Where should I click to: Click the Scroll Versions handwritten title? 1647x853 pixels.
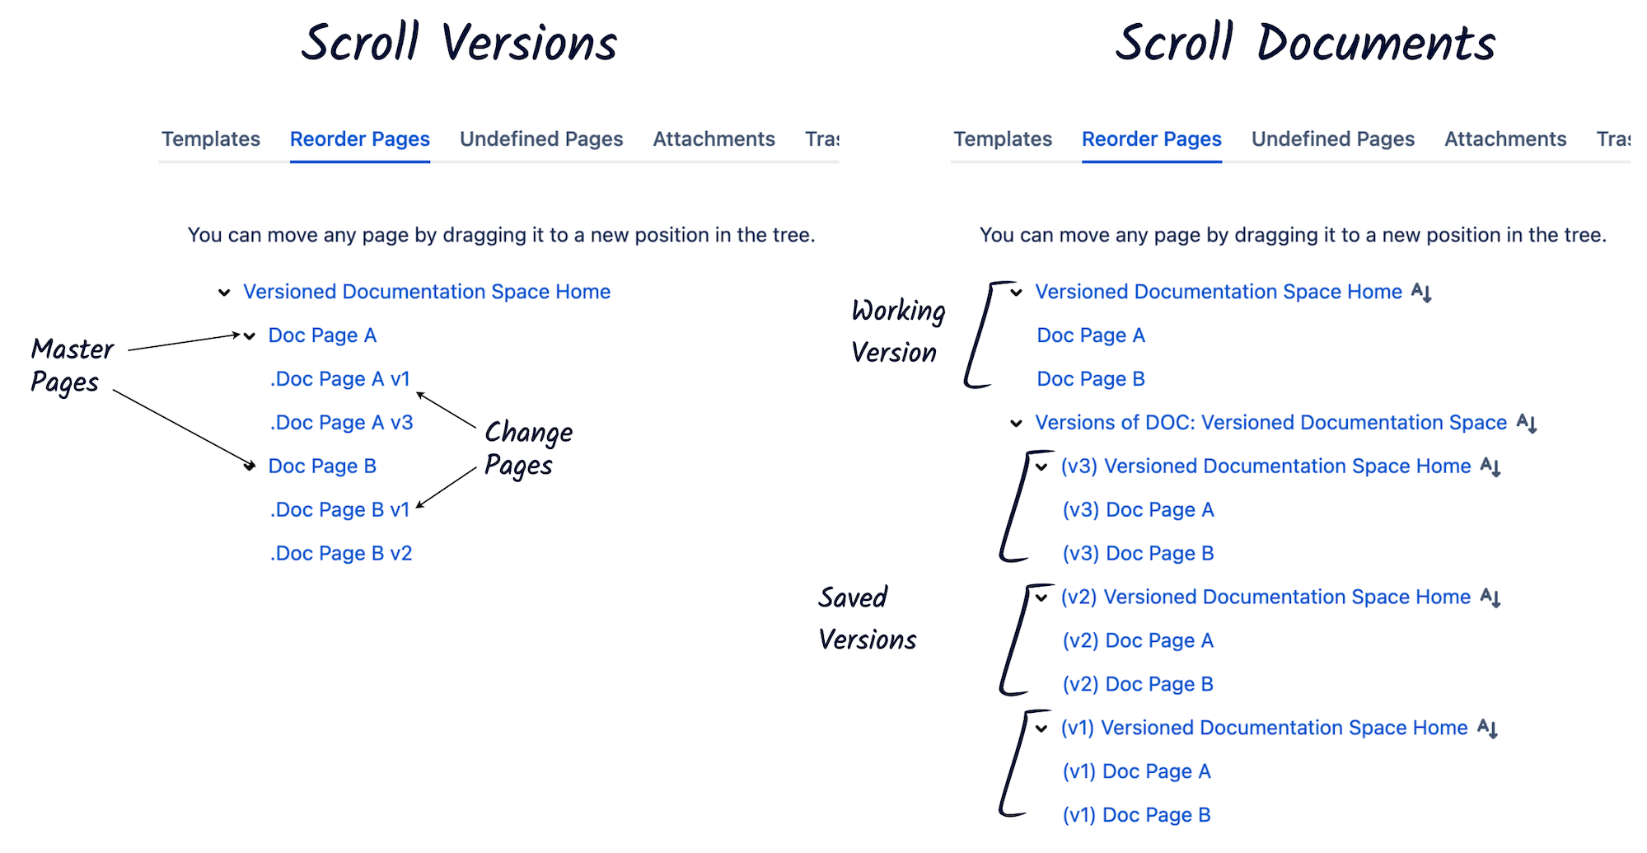[459, 43]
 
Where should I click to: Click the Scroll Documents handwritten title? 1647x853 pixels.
[1305, 43]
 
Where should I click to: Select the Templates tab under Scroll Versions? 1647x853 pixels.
[211, 138]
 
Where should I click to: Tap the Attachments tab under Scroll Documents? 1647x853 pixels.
[1504, 138]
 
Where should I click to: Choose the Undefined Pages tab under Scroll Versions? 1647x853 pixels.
[540, 138]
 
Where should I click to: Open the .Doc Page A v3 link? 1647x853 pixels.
[341, 423]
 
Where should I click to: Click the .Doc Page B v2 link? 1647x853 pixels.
[341, 554]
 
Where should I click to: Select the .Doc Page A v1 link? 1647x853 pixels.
[339, 379]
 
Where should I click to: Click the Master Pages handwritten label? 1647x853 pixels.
[71, 365]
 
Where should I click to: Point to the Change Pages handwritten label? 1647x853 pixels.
[527, 448]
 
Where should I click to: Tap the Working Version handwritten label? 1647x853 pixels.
[897, 331]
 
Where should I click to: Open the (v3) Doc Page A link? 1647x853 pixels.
[1138, 510]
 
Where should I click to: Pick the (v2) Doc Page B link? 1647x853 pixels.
[1137, 685]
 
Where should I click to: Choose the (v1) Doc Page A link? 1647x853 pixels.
[1136, 772]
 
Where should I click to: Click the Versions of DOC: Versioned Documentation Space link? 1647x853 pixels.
[1270, 423]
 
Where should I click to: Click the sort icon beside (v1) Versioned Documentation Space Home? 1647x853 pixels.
[1487, 729]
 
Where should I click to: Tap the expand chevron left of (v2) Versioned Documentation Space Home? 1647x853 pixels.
[1041, 598]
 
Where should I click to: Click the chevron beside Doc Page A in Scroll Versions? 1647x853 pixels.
[250, 335]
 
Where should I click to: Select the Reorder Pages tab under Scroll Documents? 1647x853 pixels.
[1151, 138]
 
